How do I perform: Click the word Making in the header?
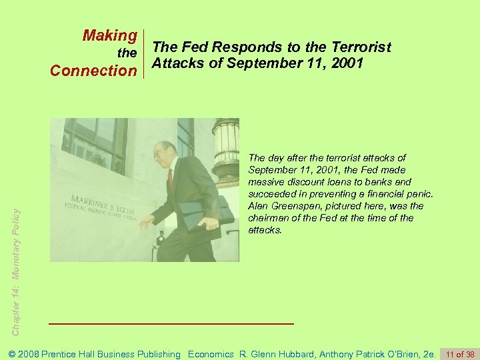pos(110,35)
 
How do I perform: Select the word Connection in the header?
pos(94,70)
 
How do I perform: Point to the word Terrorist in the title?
pos(359,47)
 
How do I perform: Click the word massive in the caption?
pos(265,182)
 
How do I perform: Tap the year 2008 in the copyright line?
pos(31,354)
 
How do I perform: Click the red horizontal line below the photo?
pos(172,323)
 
